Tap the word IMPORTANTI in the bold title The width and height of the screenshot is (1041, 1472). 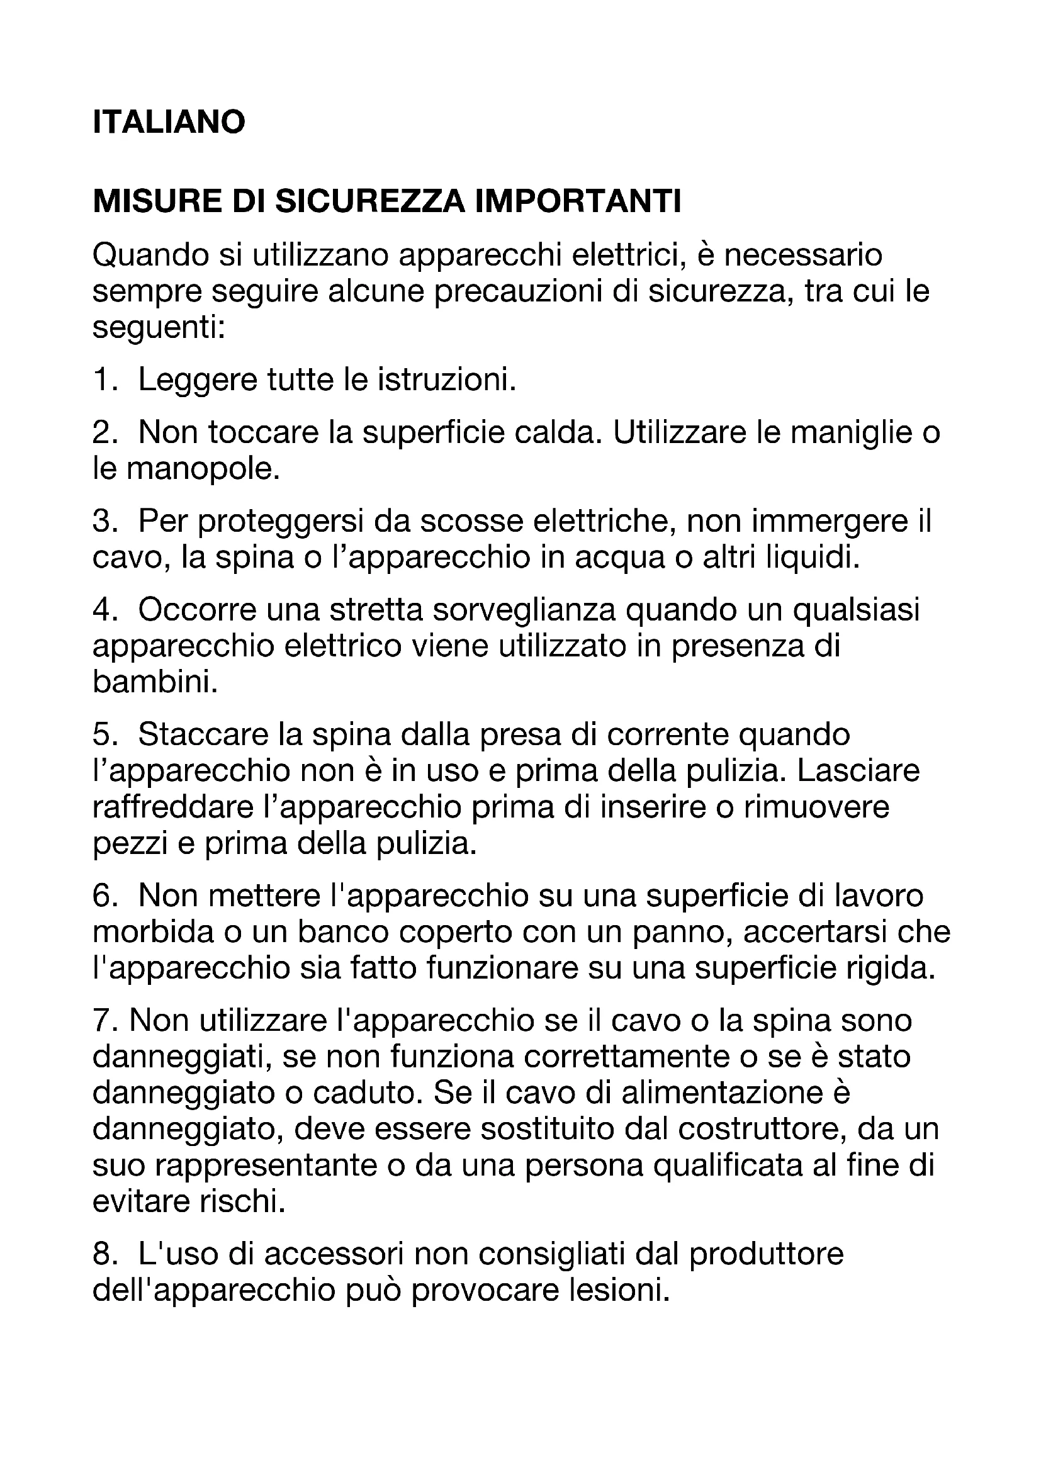578,202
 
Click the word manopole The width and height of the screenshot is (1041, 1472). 203,469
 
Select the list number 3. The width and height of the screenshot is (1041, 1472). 103,521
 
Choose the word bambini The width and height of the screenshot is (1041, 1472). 155,683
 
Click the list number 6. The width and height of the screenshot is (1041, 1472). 103,896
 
